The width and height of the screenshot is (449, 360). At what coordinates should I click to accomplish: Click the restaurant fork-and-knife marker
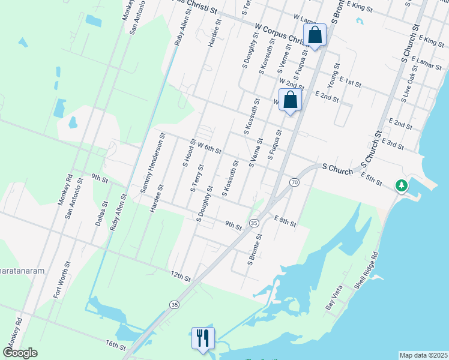coord(202,338)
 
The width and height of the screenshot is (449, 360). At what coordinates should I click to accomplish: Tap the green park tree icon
coord(402,186)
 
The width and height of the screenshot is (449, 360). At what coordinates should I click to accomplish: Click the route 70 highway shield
coord(294,182)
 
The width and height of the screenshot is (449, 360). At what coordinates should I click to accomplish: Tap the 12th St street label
coord(180,276)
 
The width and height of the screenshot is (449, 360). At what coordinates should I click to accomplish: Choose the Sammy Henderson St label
coord(152,166)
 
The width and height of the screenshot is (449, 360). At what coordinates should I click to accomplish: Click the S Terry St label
coord(197,178)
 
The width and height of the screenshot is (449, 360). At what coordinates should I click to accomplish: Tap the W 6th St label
coord(210,148)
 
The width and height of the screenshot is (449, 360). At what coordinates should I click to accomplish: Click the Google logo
coord(20,353)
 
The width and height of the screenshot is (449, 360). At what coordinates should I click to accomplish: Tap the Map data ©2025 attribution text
coord(423,355)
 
